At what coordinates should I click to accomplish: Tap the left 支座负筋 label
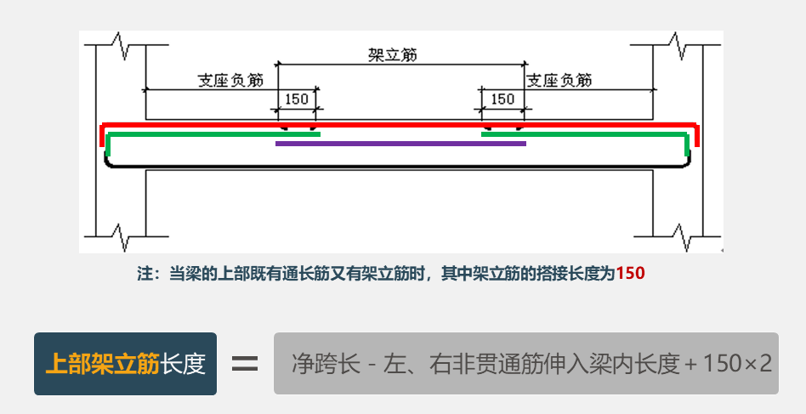click(x=230, y=80)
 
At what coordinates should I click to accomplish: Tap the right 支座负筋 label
click(x=559, y=80)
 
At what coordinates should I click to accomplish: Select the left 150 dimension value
click(x=296, y=99)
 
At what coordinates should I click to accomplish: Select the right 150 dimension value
click(x=502, y=99)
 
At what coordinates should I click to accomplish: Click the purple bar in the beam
click(x=400, y=143)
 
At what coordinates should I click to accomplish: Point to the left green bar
click(x=213, y=133)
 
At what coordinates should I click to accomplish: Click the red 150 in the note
click(x=630, y=274)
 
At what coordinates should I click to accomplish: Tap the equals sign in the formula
click(x=245, y=364)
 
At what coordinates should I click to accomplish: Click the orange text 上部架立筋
click(x=102, y=364)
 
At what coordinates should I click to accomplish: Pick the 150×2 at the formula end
click(x=737, y=364)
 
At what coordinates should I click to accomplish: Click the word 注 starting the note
click(x=144, y=274)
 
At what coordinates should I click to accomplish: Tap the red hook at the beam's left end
click(x=103, y=135)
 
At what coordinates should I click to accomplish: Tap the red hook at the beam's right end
click(x=697, y=135)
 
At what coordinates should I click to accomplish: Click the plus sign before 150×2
click(x=690, y=364)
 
